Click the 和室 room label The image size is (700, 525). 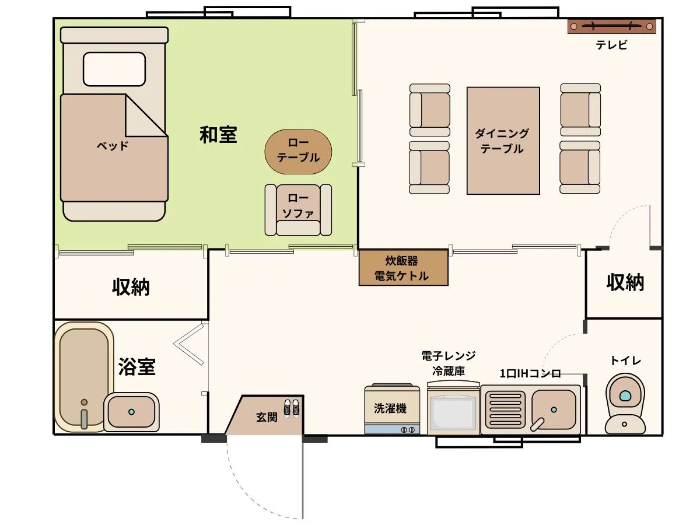[218, 135]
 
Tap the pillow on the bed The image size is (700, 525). [114, 69]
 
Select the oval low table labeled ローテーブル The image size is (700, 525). [298, 151]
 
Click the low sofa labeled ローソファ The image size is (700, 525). [298, 209]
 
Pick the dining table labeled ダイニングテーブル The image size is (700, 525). [503, 141]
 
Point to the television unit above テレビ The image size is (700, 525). [611, 26]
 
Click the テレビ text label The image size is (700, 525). [611, 45]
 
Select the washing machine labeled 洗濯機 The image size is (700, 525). [391, 409]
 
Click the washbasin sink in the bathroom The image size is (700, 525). [131, 411]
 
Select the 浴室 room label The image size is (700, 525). [136, 367]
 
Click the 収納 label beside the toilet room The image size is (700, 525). [625, 282]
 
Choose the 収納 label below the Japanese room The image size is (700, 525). [131, 287]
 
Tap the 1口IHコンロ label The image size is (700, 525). [530, 373]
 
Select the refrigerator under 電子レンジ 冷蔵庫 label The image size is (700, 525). [453, 411]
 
